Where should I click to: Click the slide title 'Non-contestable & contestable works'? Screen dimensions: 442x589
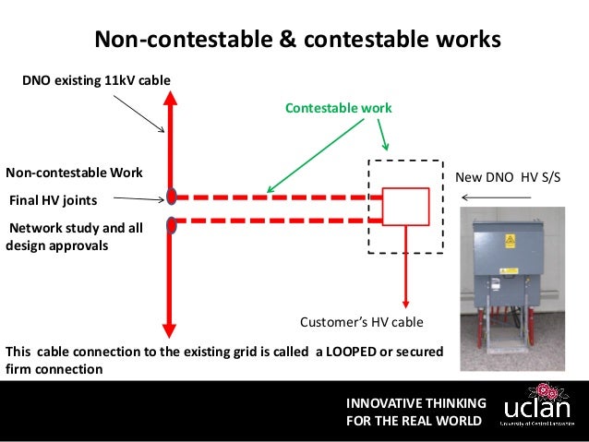[x=298, y=40]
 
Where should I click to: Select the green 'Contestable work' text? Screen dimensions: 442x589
[x=338, y=108]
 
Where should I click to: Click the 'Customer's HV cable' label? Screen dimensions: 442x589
[x=362, y=322]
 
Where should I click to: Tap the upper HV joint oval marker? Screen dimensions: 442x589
[x=172, y=196]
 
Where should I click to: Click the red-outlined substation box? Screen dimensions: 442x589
[x=406, y=207]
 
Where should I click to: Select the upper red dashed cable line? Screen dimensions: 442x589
[x=277, y=197]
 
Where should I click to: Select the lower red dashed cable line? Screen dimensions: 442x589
[x=277, y=220]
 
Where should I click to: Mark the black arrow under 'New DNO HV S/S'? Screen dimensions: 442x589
[x=497, y=197]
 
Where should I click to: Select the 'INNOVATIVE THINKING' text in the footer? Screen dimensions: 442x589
[x=415, y=403]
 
